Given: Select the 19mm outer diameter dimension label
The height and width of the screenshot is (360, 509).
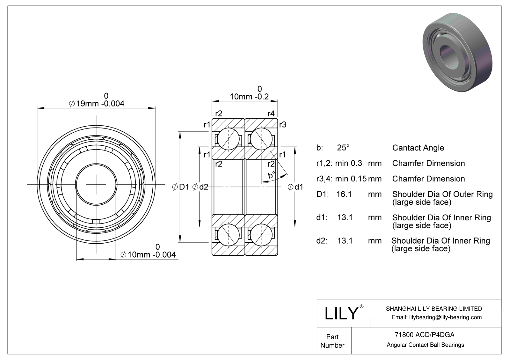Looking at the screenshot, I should (x=96, y=104).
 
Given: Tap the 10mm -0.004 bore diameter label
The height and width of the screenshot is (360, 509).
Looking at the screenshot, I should (x=148, y=255).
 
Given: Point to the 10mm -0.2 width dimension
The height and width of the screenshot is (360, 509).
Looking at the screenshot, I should (x=249, y=96).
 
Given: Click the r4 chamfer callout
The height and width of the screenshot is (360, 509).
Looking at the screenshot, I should (x=271, y=113).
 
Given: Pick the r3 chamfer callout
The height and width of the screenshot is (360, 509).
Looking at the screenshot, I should (x=283, y=125).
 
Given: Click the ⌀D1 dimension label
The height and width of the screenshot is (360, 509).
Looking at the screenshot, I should (x=180, y=187).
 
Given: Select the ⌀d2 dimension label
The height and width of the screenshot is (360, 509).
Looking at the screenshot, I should (x=200, y=187).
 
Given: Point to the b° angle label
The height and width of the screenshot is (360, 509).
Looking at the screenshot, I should (x=271, y=175).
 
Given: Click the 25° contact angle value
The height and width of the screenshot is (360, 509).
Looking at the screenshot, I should (x=343, y=148).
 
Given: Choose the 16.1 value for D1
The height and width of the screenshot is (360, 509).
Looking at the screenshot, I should (x=344, y=194).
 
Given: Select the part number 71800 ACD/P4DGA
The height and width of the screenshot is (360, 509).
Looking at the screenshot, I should (x=424, y=335).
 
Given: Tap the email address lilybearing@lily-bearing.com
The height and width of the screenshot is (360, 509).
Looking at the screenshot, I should (x=436, y=317).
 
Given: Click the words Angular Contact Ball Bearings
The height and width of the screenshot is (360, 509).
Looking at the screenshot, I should (x=425, y=345).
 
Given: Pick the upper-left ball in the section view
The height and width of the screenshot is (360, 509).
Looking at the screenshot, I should (x=228, y=139).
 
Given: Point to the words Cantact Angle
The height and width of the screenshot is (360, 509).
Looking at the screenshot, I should (x=418, y=148).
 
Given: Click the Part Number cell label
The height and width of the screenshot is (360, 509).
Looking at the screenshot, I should (x=332, y=341).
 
